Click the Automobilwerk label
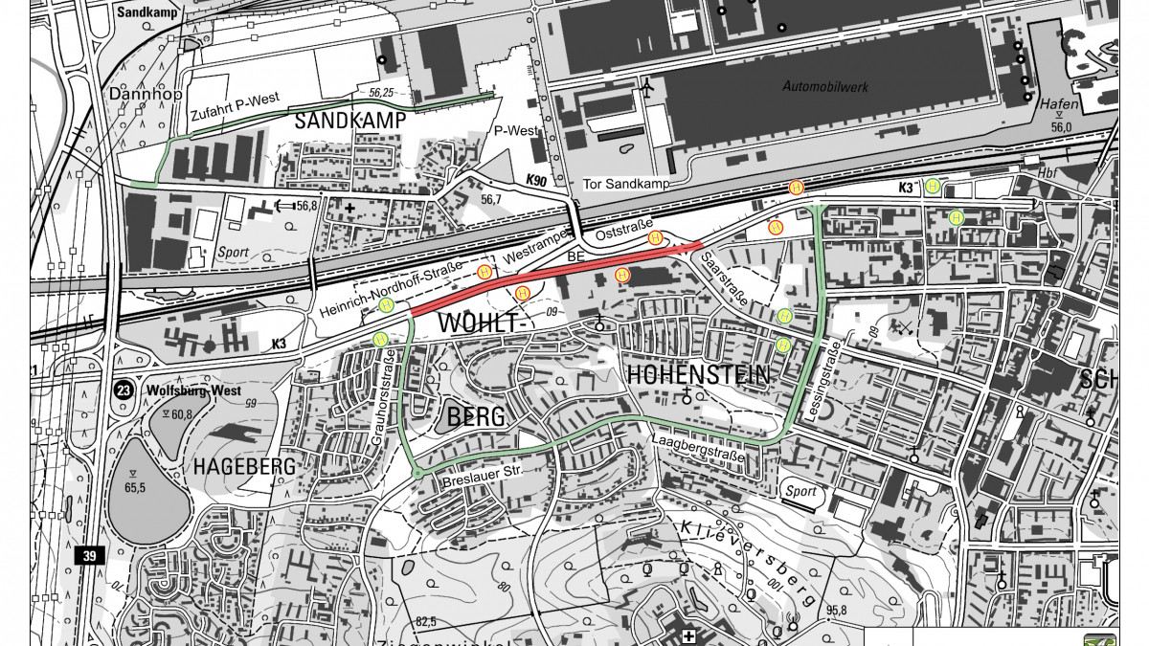click(824, 87)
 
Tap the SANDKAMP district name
click(350, 121)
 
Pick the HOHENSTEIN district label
click(698, 375)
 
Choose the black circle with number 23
click(124, 390)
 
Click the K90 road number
click(535, 180)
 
